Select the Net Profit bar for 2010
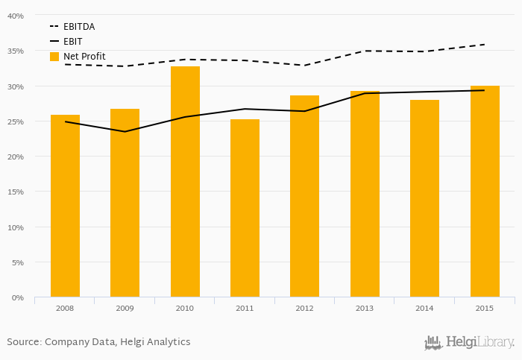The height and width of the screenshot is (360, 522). (x=185, y=182)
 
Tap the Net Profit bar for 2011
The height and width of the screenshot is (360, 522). (x=245, y=208)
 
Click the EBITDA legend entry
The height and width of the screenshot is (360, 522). (x=78, y=27)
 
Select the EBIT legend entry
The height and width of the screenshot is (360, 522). (x=72, y=42)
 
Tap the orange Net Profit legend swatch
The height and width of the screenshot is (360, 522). (x=54, y=57)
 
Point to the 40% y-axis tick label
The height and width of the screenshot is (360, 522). (x=16, y=16)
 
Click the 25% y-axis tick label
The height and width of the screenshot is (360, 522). (x=16, y=121)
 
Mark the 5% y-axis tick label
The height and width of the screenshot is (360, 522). (x=18, y=262)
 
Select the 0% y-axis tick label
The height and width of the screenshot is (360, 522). (x=18, y=297)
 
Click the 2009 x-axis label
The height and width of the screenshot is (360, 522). (x=125, y=308)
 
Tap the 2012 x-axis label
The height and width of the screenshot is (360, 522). (x=304, y=308)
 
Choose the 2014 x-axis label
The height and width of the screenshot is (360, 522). (x=424, y=308)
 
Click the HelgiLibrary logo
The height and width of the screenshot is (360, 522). (x=470, y=343)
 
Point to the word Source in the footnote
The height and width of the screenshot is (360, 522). (x=23, y=342)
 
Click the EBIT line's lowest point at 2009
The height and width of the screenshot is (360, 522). (x=125, y=132)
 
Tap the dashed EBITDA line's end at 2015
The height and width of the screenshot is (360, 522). (x=485, y=45)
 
